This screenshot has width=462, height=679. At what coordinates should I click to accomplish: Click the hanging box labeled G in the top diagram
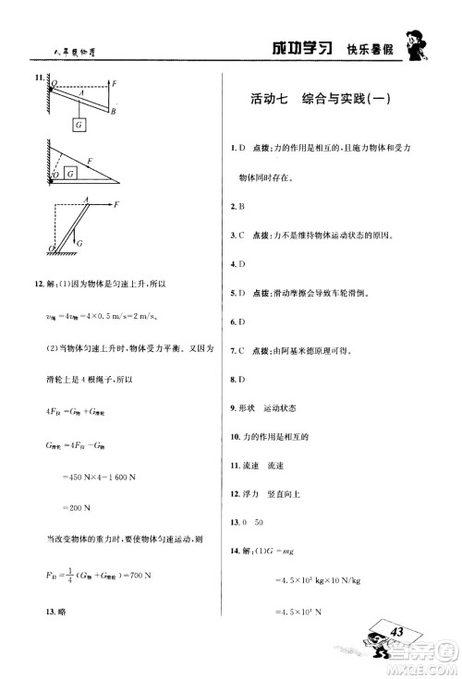pyautogui.click(x=79, y=123)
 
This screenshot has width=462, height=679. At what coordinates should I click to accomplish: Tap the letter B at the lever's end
pyautogui.click(x=112, y=111)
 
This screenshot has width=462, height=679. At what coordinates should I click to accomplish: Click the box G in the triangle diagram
pyautogui.click(x=70, y=170)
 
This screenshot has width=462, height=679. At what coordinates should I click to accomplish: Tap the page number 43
pyautogui.click(x=398, y=631)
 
